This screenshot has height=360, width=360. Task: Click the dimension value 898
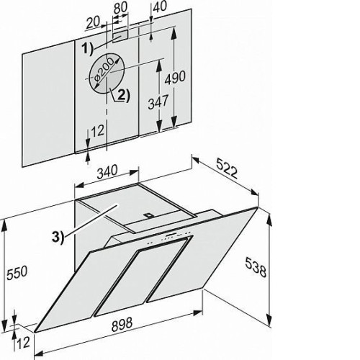[122, 324]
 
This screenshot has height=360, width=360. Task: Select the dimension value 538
[256, 267]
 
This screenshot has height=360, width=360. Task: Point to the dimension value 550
[17, 273]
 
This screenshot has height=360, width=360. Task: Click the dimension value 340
[107, 171]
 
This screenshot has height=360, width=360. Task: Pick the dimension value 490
[175, 77]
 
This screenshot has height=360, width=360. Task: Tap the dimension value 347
[158, 102]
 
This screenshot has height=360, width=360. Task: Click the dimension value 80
[120, 8]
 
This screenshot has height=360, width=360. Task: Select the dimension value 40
[160, 6]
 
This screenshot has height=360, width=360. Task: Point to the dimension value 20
[93, 22]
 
